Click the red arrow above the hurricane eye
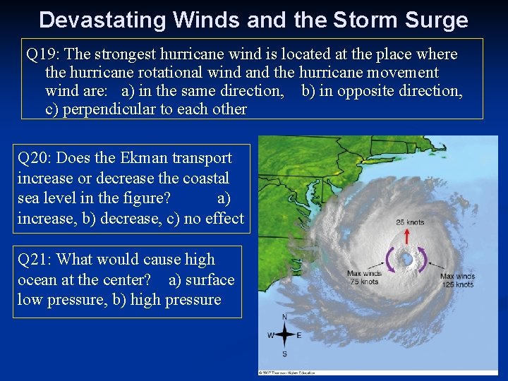[406, 236]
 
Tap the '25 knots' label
[410, 222]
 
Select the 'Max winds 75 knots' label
[364, 277]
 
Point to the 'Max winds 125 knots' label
[456, 280]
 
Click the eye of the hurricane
[407, 260]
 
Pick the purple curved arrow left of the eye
[389, 260]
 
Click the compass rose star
[284, 334]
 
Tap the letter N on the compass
[284, 317]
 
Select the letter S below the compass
[284, 353]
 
